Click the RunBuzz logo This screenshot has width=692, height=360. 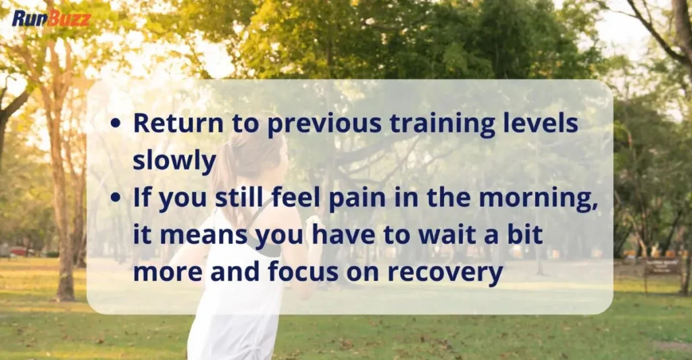[51, 18]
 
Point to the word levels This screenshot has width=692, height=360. [543, 124]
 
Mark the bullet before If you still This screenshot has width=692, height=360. [116, 200]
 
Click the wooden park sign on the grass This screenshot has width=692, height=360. [662, 266]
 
